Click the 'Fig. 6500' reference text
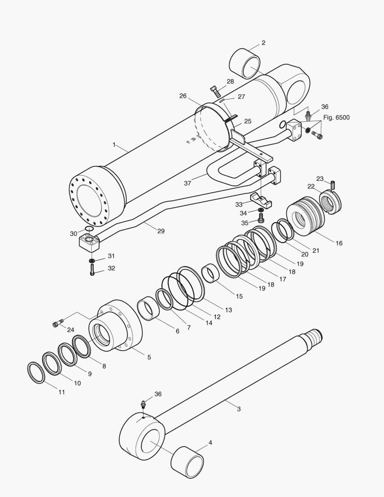[337, 118]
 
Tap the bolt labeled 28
[215, 92]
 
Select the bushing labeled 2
[244, 64]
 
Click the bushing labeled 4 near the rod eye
[187, 462]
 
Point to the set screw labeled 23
[332, 184]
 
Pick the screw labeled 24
[57, 324]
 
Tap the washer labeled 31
[92, 260]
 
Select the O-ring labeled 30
[89, 229]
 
